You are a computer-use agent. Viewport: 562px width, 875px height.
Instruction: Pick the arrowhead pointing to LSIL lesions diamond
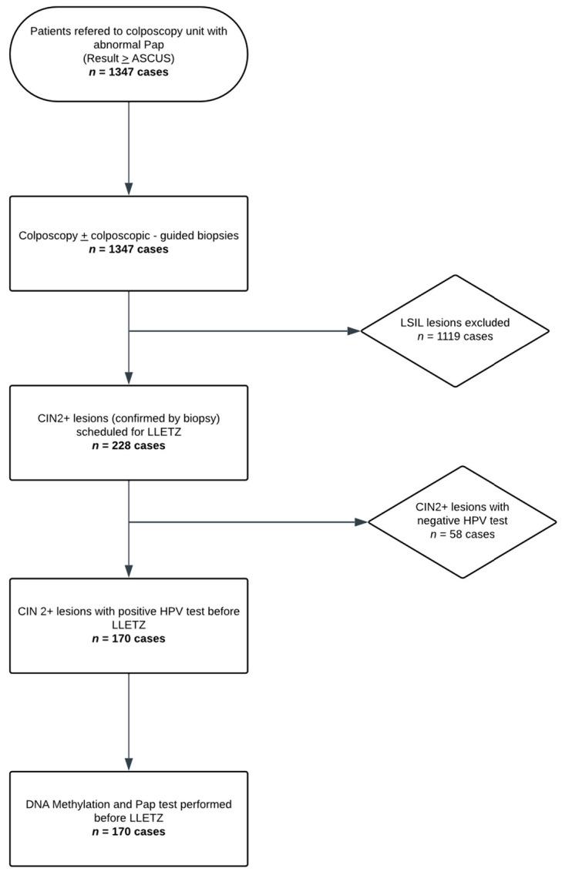tap(354, 331)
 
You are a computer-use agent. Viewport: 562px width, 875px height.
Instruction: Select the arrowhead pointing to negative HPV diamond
tap(361, 522)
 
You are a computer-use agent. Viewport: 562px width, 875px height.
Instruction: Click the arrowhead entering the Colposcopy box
tap(128, 189)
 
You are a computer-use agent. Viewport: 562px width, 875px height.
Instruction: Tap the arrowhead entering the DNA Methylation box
tap(128, 764)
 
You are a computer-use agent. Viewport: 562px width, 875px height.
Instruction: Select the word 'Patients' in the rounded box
tap(54, 30)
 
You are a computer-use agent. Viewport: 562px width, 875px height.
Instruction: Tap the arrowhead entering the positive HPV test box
tap(128, 571)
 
